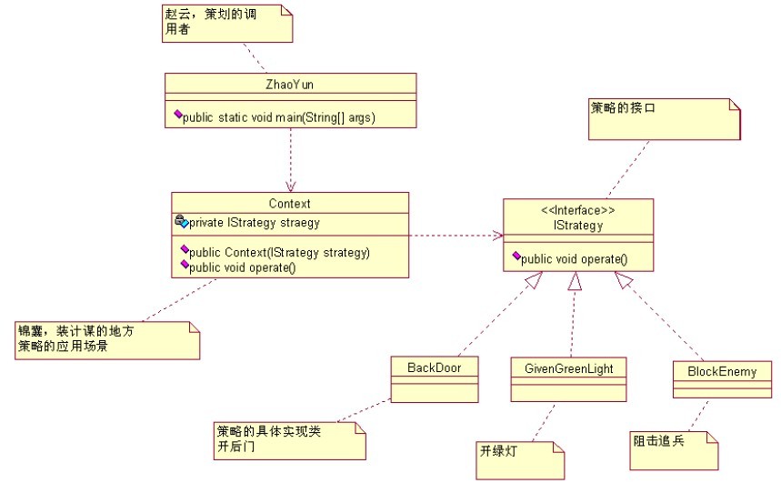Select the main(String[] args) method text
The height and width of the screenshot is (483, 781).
click(x=279, y=117)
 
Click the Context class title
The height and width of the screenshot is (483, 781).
click(x=290, y=203)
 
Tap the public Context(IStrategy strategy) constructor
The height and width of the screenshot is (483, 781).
click(x=279, y=252)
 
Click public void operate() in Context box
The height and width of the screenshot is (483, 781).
click(x=243, y=267)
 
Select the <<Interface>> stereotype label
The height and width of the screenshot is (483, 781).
click(x=578, y=210)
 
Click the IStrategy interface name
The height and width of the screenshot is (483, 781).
click(x=578, y=225)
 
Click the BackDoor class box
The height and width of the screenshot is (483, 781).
click(x=434, y=378)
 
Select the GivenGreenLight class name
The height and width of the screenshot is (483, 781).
click(x=569, y=368)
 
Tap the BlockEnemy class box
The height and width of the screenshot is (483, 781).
click(x=722, y=378)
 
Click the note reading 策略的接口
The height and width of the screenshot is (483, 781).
click(x=665, y=118)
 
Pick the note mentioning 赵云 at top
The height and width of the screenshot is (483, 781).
click(x=225, y=22)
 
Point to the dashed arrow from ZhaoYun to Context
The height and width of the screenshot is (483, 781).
click(x=290, y=159)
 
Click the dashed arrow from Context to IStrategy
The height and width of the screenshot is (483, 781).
click(x=456, y=236)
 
